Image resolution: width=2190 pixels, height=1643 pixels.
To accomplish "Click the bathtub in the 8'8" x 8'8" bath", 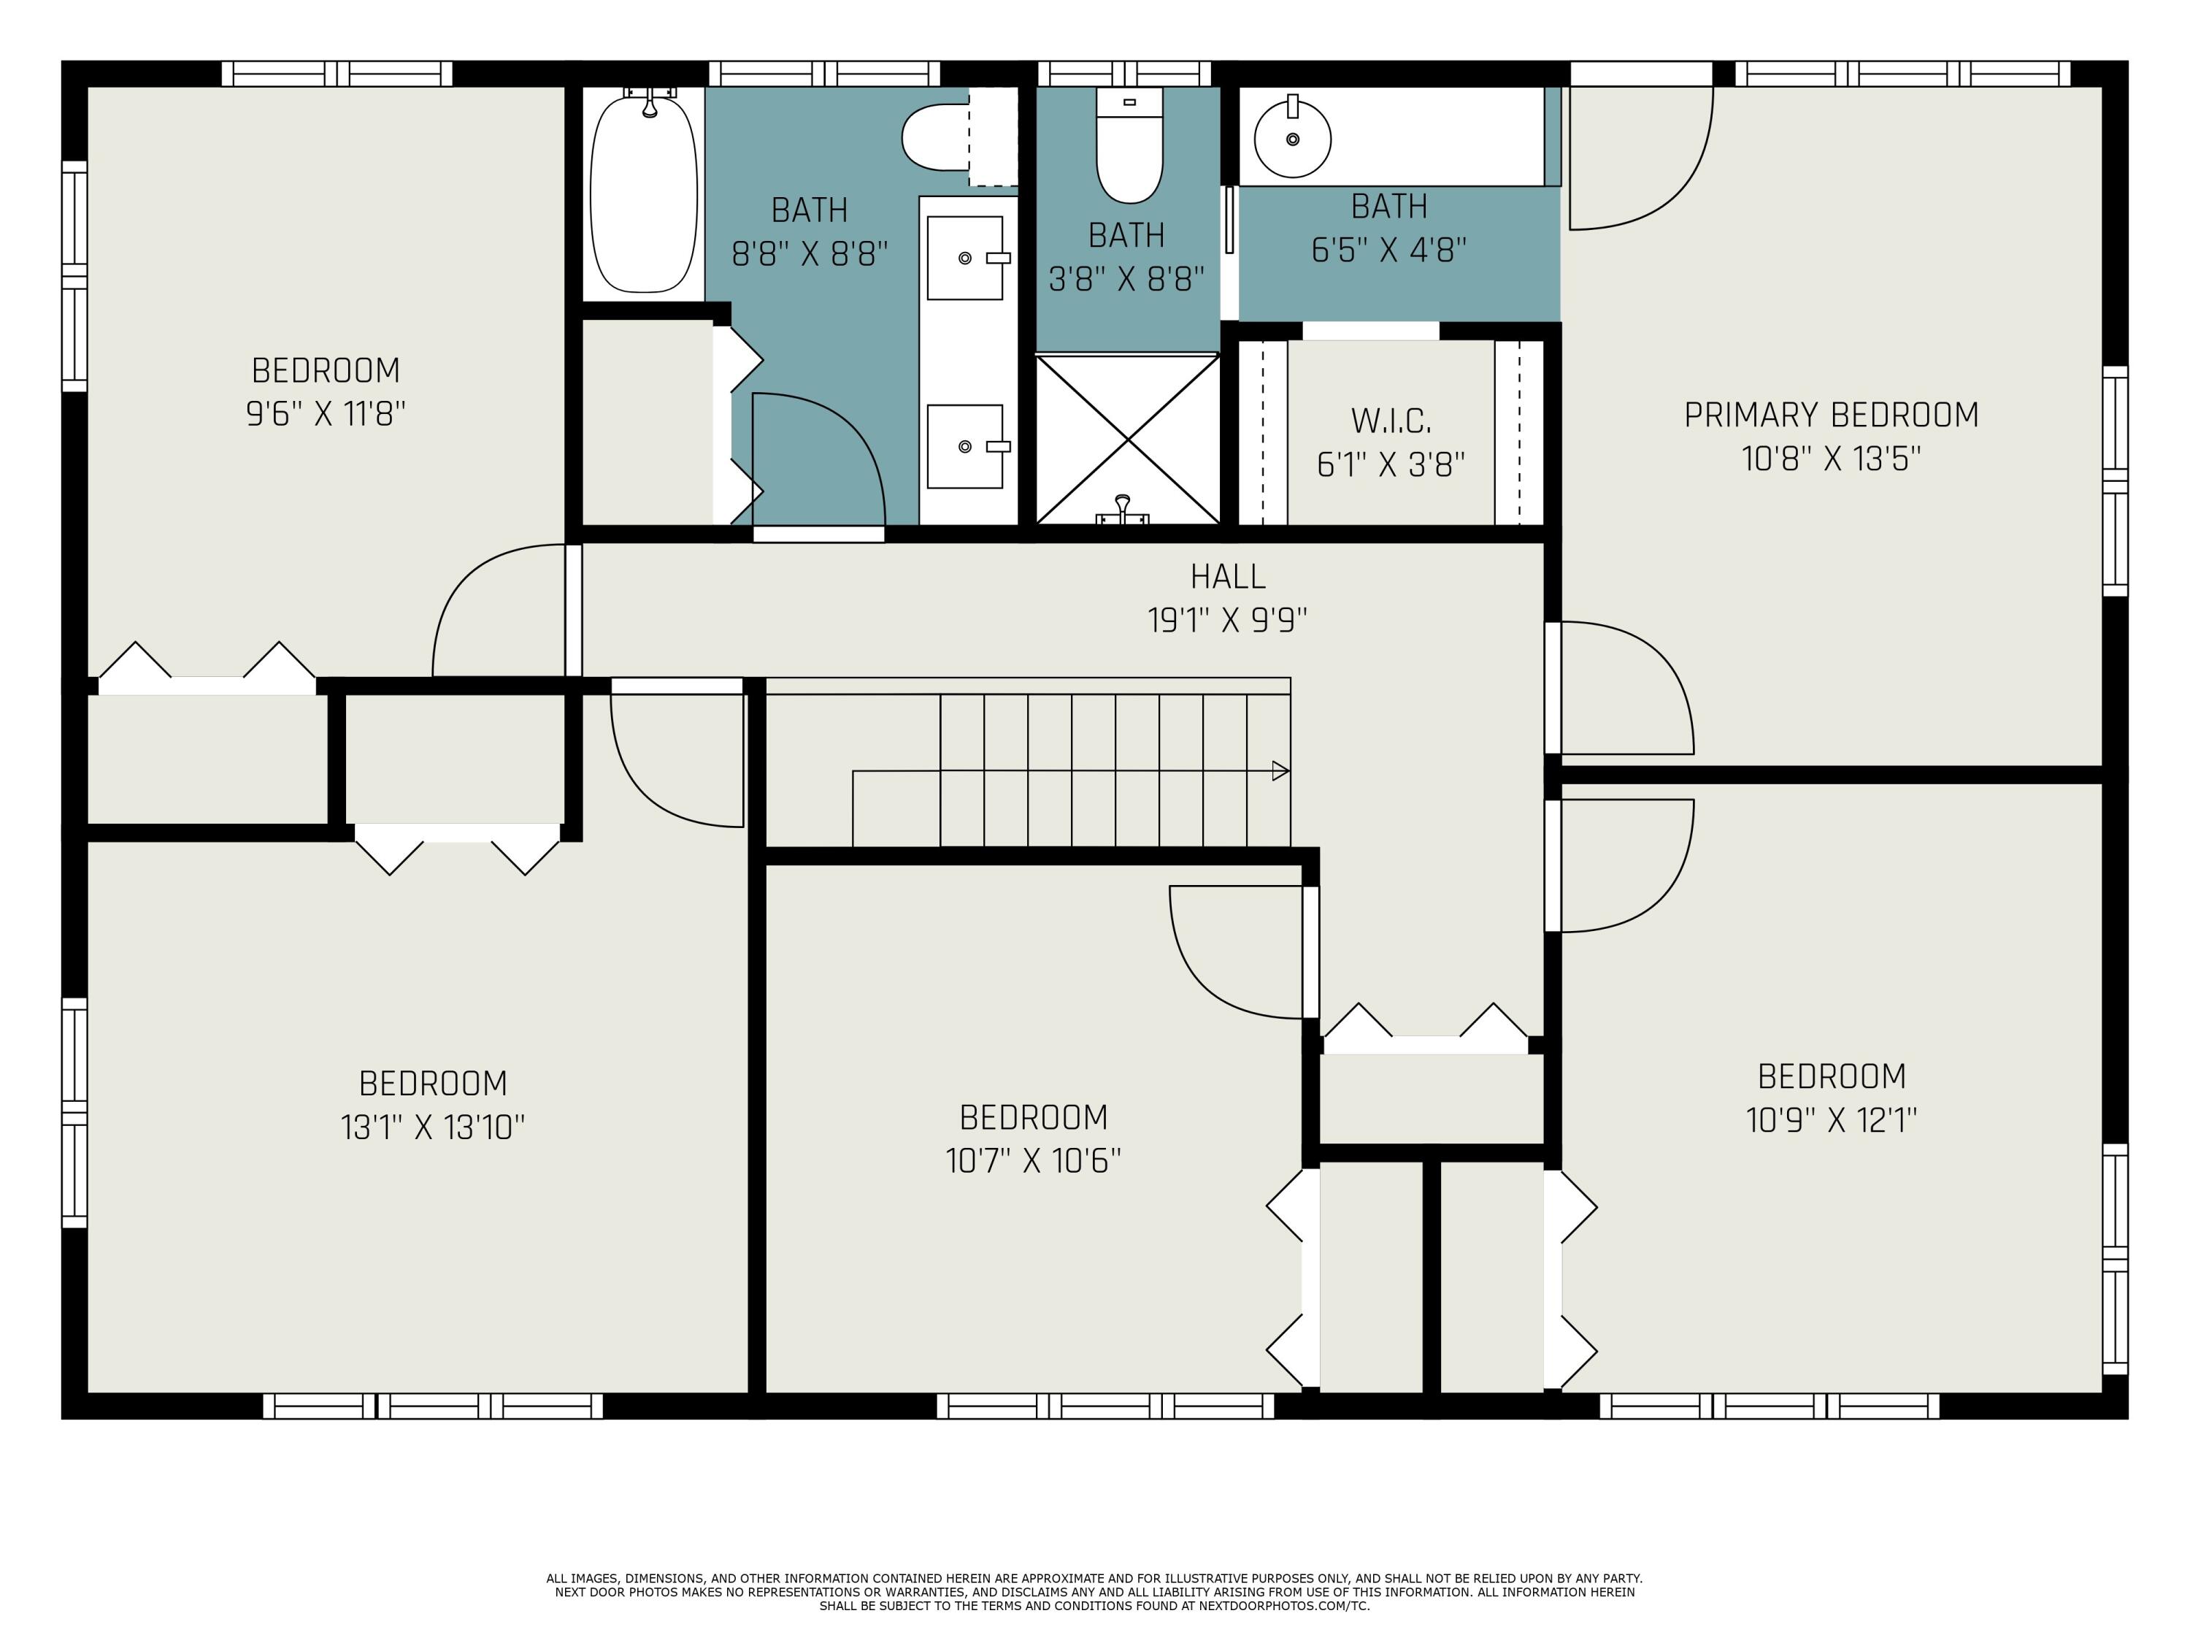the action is pyautogui.click(x=644, y=193).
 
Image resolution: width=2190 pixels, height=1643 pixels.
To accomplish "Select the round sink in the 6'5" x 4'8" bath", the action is pyautogui.click(x=1292, y=139).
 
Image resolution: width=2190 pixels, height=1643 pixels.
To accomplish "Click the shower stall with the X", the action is pyautogui.click(x=1128, y=439).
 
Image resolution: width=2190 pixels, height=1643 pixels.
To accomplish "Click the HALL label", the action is pyautogui.click(x=1228, y=576).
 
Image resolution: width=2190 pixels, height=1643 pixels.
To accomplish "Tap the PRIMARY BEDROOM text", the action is pyautogui.click(x=1832, y=414).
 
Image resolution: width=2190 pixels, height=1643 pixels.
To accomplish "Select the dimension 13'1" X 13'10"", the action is pyautogui.click(x=433, y=1127).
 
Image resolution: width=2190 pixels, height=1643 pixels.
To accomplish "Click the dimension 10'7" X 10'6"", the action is pyautogui.click(x=1034, y=1160).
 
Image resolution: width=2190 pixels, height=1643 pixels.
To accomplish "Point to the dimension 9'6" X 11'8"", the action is pyautogui.click(x=326, y=413).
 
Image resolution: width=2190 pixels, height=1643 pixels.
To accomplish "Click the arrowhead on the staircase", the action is pyautogui.click(x=1281, y=770).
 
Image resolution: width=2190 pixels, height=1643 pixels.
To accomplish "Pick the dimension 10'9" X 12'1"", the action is pyautogui.click(x=1832, y=1120).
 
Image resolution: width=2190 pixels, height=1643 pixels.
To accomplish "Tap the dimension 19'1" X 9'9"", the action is pyautogui.click(x=1228, y=620).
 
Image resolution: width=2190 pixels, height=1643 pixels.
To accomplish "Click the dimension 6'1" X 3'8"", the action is pyautogui.click(x=1391, y=464).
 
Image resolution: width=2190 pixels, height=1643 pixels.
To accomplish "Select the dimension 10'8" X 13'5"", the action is pyautogui.click(x=1832, y=459).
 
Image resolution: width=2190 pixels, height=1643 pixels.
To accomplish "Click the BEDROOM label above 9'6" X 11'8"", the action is pyautogui.click(x=326, y=370).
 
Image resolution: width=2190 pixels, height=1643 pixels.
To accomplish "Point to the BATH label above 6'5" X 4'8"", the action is pyautogui.click(x=1389, y=206).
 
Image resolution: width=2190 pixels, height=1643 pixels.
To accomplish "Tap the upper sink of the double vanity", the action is pyautogui.click(x=965, y=258).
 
